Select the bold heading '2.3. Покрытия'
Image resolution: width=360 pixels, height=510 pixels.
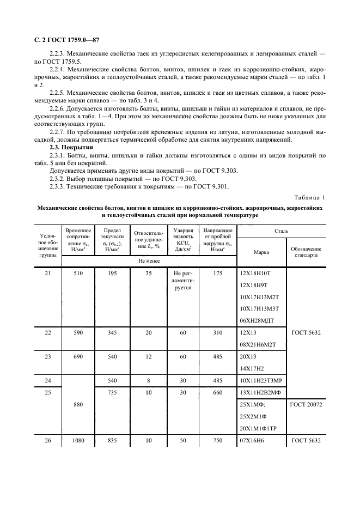click(x=68, y=147)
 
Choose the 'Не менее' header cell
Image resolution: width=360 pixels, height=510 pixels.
click(x=149, y=262)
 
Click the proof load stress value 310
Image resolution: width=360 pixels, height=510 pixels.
click(x=218, y=331)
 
